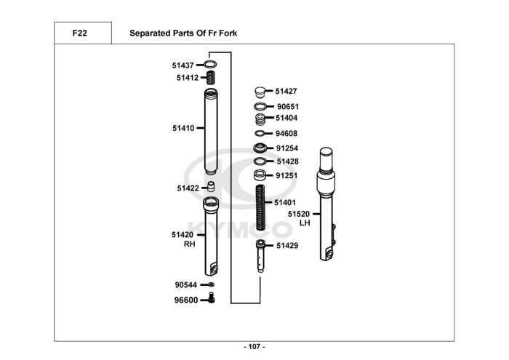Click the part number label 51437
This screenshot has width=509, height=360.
point(182,65)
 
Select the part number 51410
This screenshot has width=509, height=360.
point(183,128)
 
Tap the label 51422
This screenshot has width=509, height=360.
point(188,188)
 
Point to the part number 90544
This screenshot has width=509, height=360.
point(185,285)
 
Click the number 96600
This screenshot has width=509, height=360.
point(185,300)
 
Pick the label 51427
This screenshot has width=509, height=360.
point(286,92)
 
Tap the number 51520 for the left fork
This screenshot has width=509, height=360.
point(299,214)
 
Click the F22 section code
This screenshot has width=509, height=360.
point(80,33)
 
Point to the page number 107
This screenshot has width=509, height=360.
point(254,346)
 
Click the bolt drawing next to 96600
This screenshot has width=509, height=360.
point(211,299)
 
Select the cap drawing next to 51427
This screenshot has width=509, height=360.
point(260,92)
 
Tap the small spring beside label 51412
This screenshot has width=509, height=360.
point(212,77)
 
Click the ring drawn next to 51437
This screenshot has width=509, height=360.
point(212,65)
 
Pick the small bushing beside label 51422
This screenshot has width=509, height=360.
point(211,187)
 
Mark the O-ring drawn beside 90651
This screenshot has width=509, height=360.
point(260,106)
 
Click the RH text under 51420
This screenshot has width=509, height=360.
point(189,245)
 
